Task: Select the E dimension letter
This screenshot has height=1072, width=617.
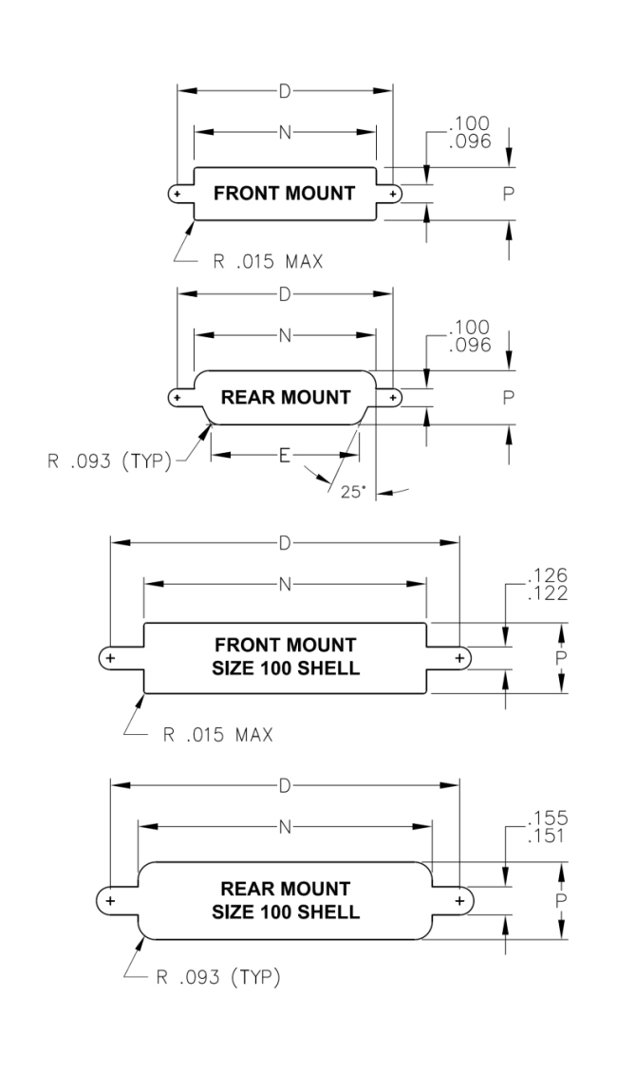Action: click(284, 455)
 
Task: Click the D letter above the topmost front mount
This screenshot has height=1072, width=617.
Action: click(285, 91)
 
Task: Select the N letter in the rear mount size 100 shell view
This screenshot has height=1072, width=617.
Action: click(285, 826)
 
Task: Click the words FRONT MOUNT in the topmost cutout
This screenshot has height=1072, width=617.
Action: click(285, 194)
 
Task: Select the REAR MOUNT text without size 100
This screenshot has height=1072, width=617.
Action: click(285, 396)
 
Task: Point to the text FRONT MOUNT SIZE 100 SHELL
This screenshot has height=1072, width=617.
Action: click(285, 657)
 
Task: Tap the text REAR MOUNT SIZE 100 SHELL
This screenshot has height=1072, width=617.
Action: click(285, 900)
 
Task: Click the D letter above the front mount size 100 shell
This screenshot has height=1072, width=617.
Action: click(285, 544)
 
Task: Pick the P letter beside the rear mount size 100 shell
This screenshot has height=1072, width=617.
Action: click(562, 899)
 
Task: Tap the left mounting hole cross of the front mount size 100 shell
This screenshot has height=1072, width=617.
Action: click(110, 657)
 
